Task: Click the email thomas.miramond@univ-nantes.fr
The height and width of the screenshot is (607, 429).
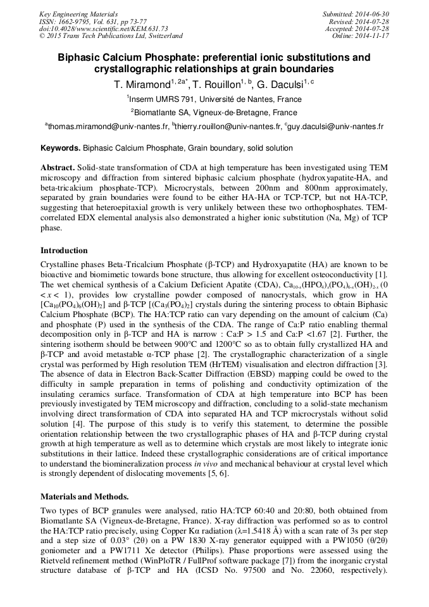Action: (x=108, y=127)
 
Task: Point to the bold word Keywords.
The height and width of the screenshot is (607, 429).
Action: (x=60, y=148)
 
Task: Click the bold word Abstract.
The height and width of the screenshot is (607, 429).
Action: (x=57, y=168)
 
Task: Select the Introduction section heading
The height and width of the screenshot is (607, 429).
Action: (x=65, y=251)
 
